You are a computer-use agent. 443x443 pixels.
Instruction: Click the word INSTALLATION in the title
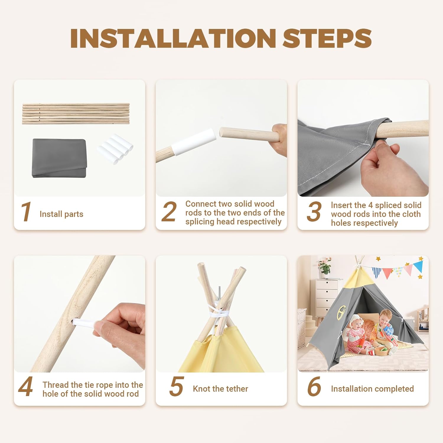[x=173, y=38]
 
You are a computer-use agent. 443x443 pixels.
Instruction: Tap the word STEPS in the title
[x=327, y=38]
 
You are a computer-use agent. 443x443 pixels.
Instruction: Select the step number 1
[x=26, y=211]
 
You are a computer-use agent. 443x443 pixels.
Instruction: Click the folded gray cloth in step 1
[x=59, y=158]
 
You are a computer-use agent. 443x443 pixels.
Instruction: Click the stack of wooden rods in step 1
[x=76, y=113]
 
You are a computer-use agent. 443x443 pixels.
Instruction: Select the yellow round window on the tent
[x=341, y=311]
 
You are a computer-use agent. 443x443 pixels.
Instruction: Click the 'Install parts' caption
[x=61, y=214]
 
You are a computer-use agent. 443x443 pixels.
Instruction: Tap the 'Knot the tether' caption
[x=220, y=389]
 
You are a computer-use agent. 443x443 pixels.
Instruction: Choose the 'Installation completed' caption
[x=372, y=389]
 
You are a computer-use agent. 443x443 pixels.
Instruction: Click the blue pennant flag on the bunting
[x=418, y=266]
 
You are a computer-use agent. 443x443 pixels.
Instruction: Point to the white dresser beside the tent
[x=327, y=298]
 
